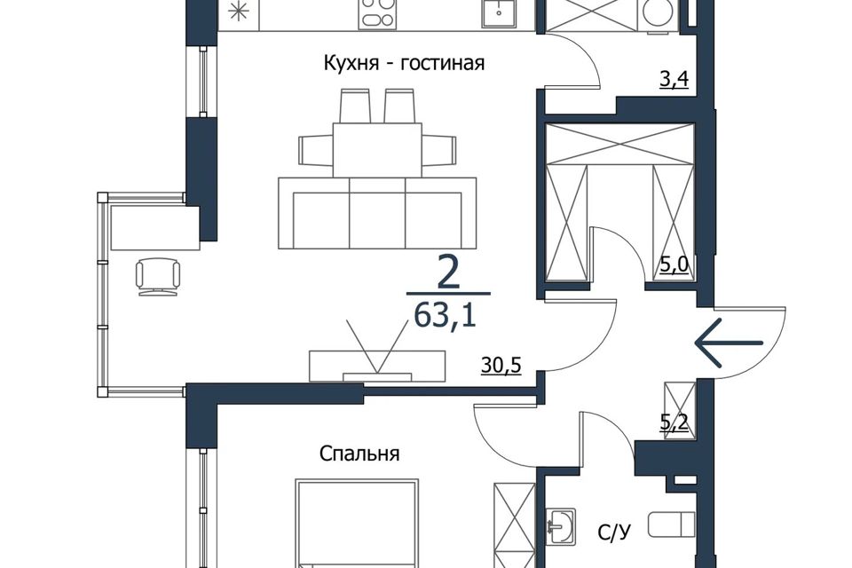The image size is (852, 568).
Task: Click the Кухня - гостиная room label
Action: coord(404,64)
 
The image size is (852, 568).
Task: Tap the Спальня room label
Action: coord(359,453)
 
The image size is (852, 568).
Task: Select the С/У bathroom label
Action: coord(614,532)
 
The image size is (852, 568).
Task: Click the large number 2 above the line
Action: coord(448,274)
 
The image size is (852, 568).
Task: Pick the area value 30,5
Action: coord(501,366)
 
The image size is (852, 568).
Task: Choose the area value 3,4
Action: coord(674,80)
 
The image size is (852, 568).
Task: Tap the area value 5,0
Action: coord(674,265)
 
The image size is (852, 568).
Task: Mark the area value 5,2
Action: coord(674,422)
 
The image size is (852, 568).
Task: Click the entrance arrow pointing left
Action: coord(730,343)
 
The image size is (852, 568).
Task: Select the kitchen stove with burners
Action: coord(377,14)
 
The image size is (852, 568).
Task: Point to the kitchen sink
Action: coord(498,13)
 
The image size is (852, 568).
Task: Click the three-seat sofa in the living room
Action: coord(377,213)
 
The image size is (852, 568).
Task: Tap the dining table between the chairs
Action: coord(377,149)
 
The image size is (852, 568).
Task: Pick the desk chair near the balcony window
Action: coord(158,277)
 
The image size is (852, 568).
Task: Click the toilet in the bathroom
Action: coord(672,525)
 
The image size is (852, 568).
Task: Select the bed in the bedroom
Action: coord(357,523)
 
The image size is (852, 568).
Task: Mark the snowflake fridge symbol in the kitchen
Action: coord(238,12)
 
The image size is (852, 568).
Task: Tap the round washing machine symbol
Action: coord(657,14)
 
